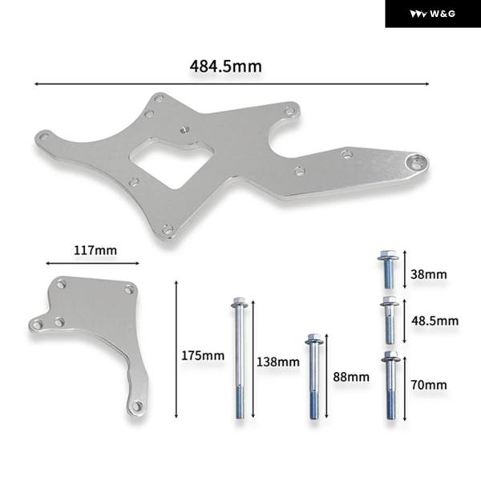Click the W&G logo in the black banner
coord(433,14)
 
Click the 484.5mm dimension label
coord(226,67)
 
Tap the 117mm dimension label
coord(95,251)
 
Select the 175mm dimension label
coord(203,355)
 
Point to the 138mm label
coord(278,362)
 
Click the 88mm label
coord(351,377)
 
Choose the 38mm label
coord(429,274)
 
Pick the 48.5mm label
coord(435,321)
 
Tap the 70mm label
coord(429,385)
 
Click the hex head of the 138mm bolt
coord(239,302)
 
